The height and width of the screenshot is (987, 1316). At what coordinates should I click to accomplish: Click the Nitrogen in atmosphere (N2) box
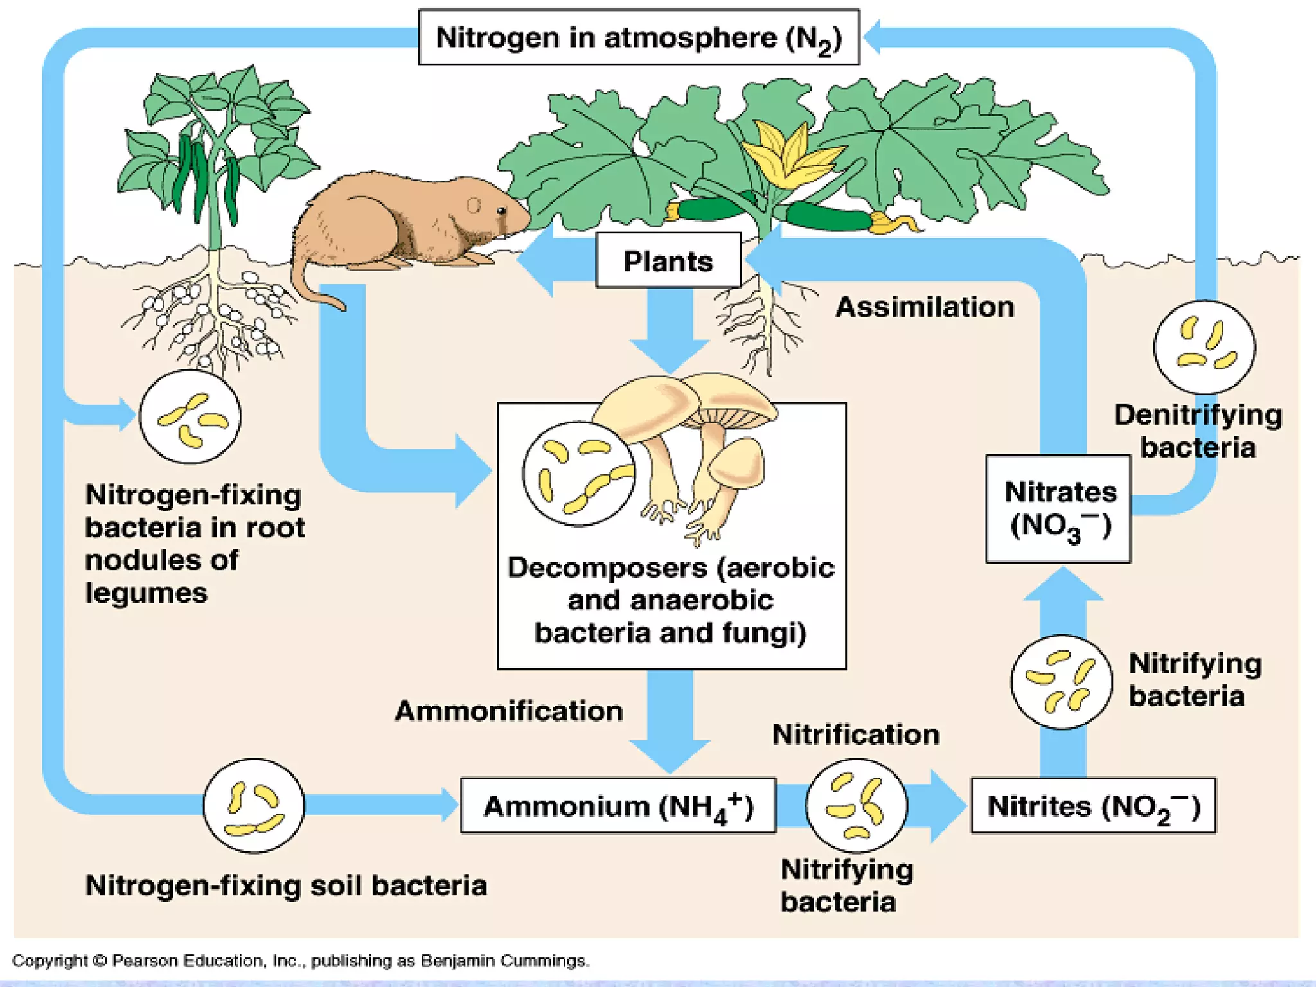point(639,37)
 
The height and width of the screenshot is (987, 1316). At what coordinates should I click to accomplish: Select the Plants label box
point(668,261)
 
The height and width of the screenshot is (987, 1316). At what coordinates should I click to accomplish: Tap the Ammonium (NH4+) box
point(618,806)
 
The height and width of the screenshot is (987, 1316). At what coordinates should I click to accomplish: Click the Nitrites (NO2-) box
point(1093,806)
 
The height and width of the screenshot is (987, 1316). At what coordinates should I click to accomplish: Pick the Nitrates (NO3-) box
point(1058,509)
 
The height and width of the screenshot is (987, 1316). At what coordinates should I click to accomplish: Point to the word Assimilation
point(925,307)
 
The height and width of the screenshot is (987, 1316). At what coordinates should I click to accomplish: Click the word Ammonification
point(509,711)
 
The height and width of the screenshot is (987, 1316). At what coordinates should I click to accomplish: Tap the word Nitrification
point(855,734)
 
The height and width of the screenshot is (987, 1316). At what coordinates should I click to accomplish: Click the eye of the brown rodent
point(502,210)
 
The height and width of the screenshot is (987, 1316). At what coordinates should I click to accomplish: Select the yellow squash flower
point(789,154)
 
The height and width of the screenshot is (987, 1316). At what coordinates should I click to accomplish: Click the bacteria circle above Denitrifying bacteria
point(1204,347)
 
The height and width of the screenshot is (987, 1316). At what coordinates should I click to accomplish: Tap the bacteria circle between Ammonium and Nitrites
point(856,806)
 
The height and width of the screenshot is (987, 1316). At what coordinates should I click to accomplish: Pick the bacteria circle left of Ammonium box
point(254,806)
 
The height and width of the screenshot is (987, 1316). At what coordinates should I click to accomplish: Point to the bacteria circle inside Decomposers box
point(578,474)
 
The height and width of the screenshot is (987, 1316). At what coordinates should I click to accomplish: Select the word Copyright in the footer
point(49,961)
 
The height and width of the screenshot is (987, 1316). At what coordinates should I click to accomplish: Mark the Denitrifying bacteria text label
point(1198,431)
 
